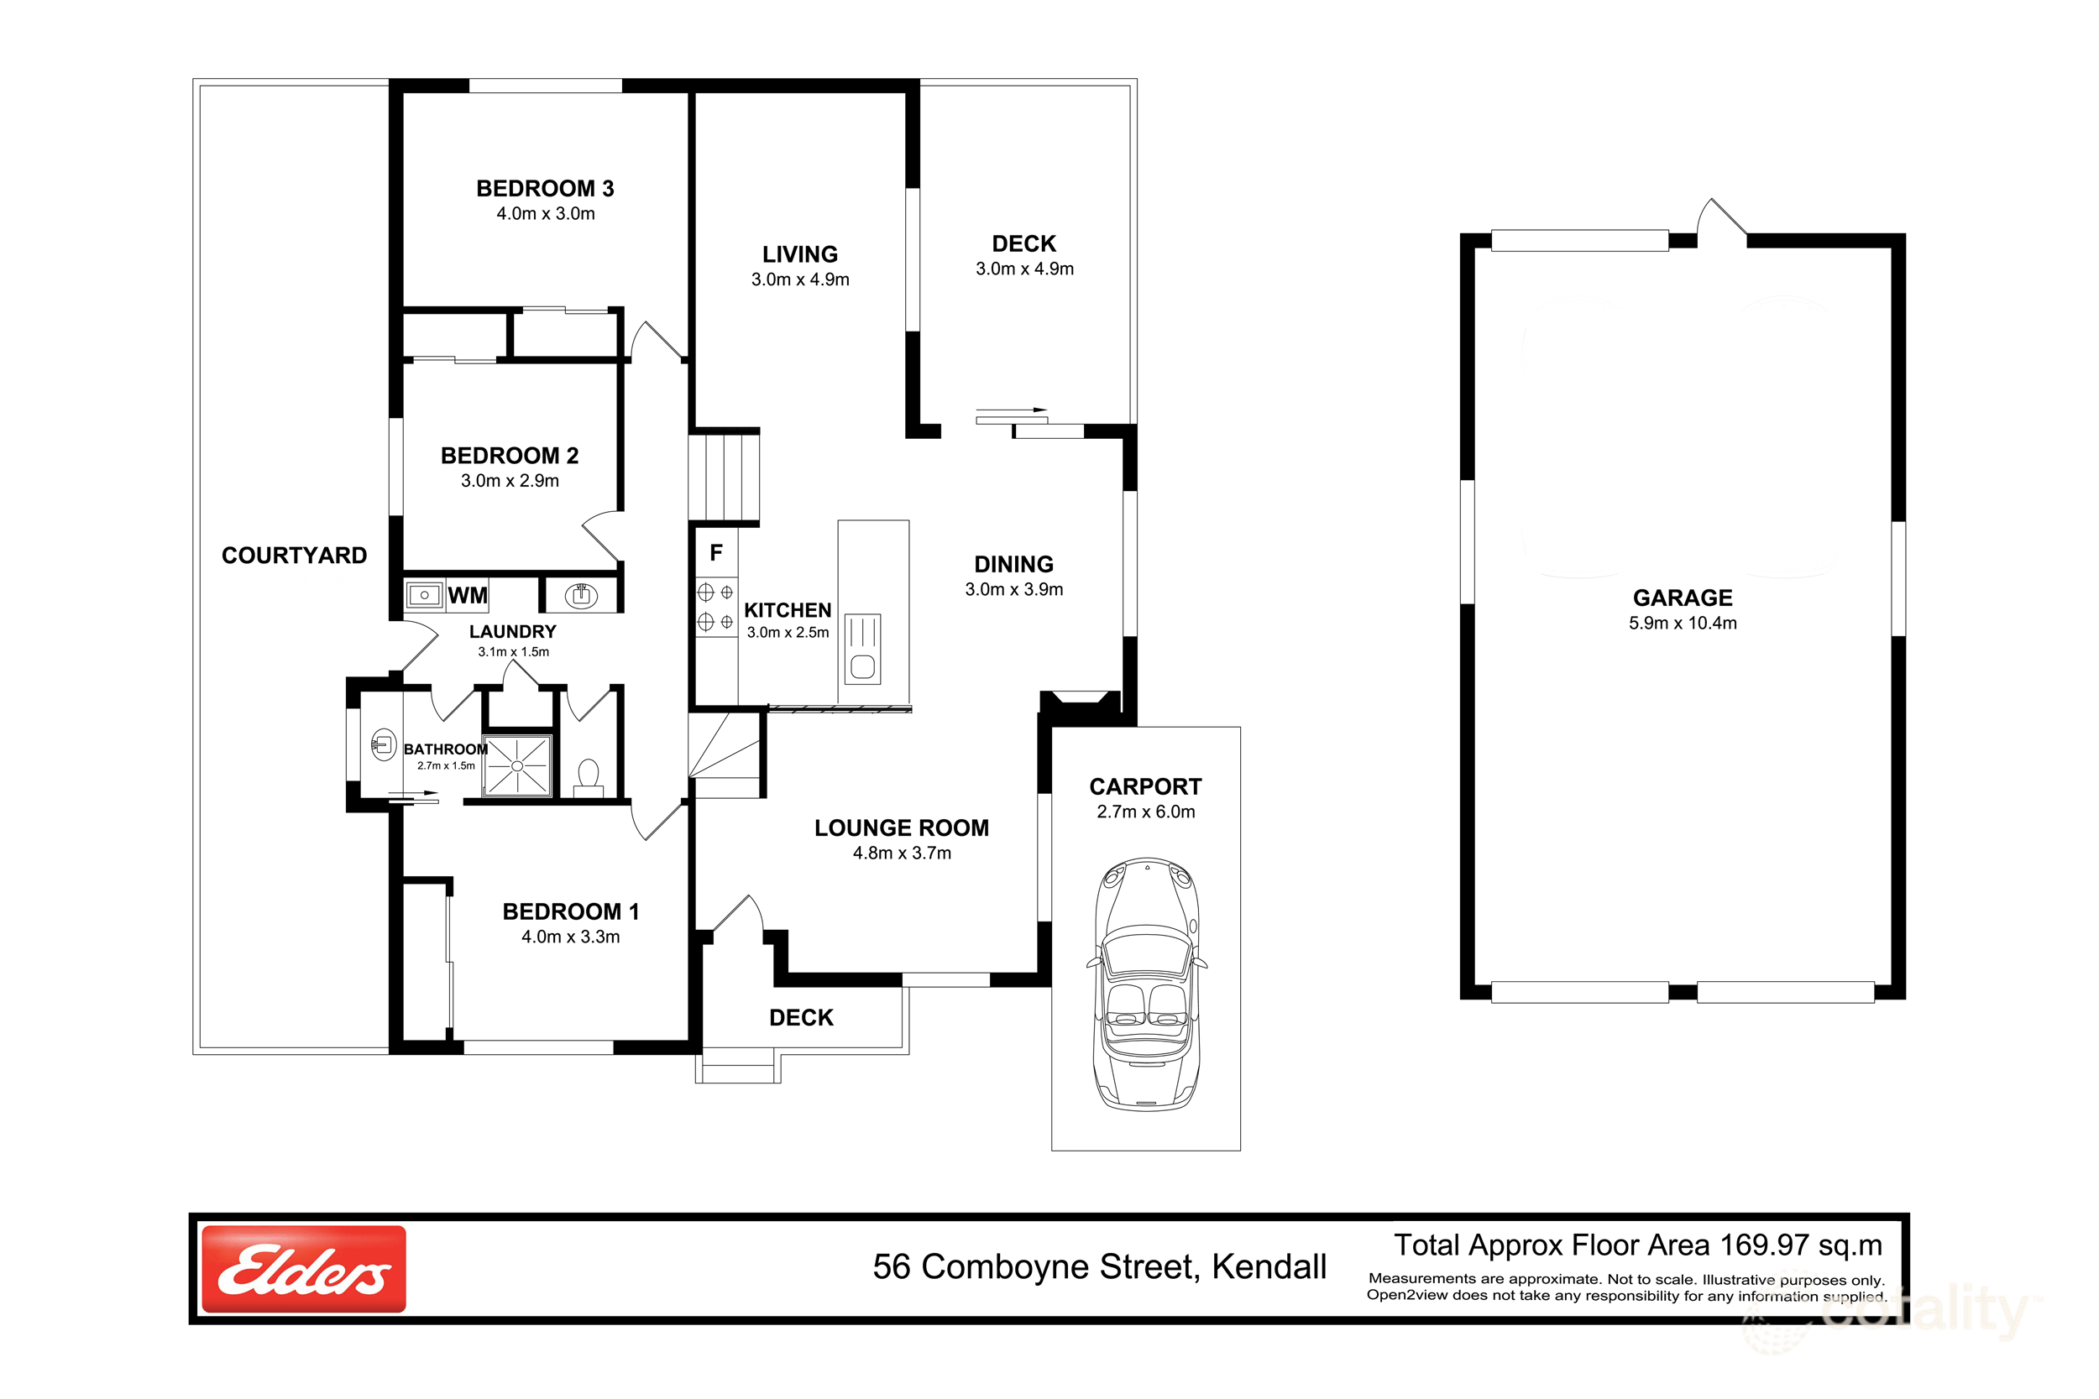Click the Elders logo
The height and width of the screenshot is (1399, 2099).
coord(303,1269)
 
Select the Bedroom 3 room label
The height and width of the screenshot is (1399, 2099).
coord(545,188)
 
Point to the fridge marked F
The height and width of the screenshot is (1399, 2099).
coord(715,553)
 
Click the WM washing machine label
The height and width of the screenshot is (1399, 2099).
coord(468,595)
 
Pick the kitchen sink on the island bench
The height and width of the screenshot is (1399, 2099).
coord(862,649)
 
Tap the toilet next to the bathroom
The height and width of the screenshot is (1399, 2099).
coord(588,775)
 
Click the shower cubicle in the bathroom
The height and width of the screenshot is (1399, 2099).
coord(516,765)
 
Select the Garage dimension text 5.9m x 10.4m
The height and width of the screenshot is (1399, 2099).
coord(1683,624)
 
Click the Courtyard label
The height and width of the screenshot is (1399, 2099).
coord(294,556)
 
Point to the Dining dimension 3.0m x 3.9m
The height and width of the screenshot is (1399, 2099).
coord(1013,590)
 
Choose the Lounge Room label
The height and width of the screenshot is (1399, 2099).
coord(902,828)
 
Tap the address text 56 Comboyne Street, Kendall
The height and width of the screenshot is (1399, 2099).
coord(1100,1267)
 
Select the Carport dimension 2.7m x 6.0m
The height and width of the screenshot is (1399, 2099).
coord(1146,812)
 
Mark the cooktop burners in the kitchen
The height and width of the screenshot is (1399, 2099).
coord(715,607)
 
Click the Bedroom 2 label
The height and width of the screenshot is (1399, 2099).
coord(510,456)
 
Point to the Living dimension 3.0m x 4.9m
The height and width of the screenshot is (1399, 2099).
coord(799,280)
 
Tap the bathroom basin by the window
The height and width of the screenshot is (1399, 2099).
coord(384,745)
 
